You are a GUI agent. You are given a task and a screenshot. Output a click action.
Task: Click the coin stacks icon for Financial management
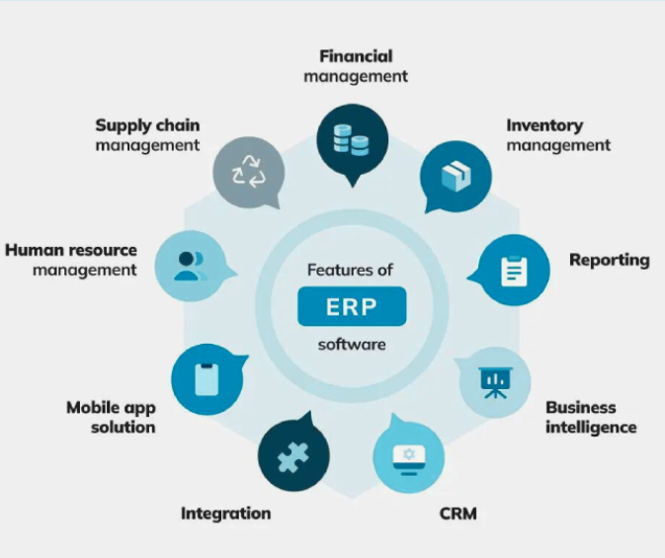point(353,138)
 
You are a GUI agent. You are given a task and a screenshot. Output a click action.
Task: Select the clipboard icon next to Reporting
point(512,270)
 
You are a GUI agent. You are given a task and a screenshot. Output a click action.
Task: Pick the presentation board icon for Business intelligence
point(494,381)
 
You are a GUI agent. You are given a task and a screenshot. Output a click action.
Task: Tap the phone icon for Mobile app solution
point(206,379)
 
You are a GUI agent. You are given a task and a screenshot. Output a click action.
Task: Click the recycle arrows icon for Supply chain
point(248,173)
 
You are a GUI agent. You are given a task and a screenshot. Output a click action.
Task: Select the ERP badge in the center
point(352,307)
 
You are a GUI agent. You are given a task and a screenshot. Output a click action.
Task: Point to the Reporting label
point(609,260)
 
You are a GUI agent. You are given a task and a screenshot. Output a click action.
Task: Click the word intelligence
point(591,427)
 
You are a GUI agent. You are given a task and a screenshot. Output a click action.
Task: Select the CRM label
point(457,514)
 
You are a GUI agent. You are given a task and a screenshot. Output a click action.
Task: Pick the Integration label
point(225,513)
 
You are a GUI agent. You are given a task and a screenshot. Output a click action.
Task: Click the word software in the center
point(352,345)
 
